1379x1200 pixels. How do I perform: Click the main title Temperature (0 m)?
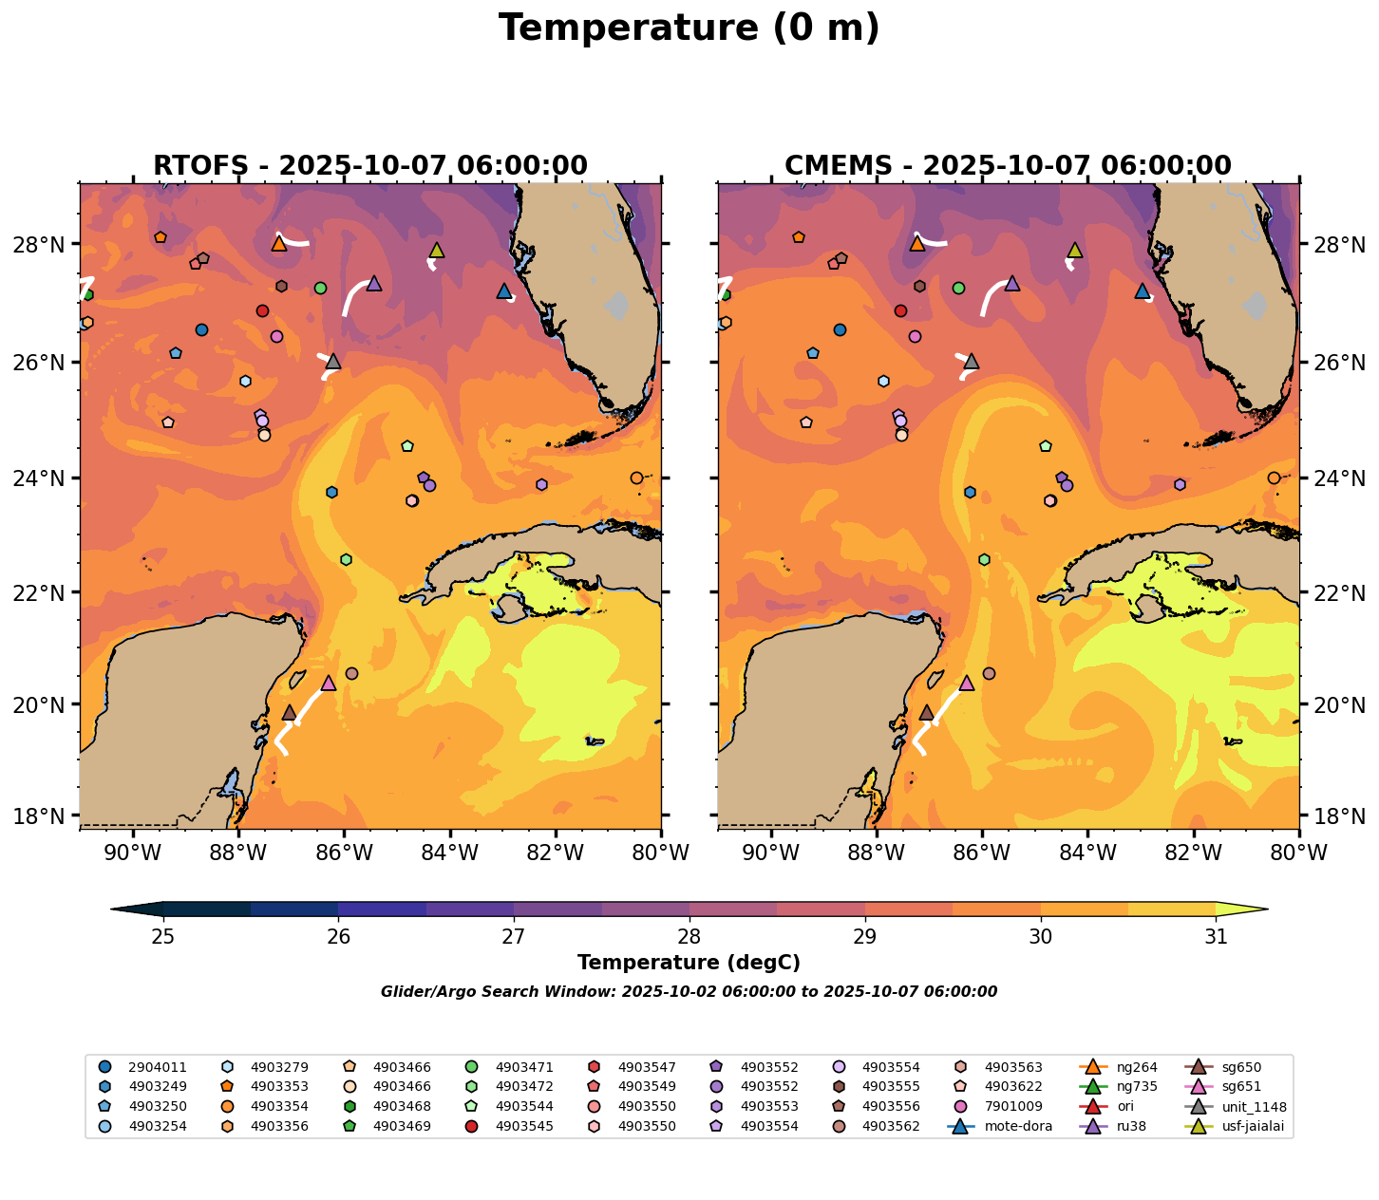[689, 28]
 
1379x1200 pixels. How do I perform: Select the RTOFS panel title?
[370, 166]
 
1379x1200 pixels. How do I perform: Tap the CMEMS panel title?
[1008, 166]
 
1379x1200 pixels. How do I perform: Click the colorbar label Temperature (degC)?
[689, 963]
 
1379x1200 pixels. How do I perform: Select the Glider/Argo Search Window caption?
[689, 992]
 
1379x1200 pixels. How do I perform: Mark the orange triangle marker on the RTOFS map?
[279, 244]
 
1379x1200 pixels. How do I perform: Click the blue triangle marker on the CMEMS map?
[1143, 291]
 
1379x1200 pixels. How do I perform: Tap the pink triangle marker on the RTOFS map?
[329, 684]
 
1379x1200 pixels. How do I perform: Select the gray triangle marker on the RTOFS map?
[332, 362]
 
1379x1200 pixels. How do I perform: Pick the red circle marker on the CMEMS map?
[900, 310]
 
